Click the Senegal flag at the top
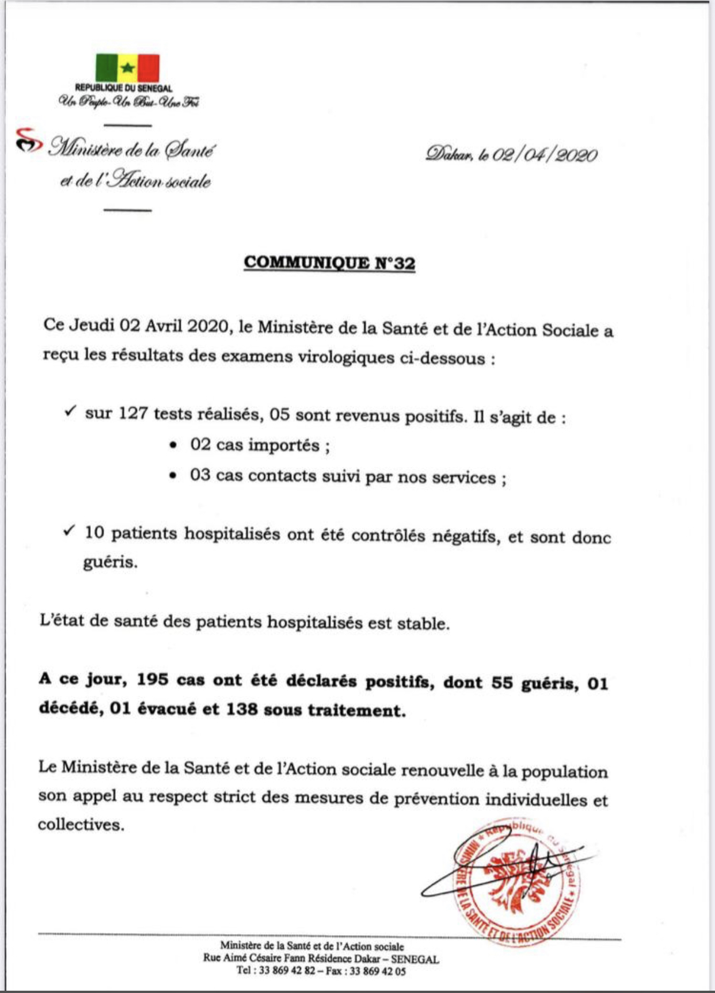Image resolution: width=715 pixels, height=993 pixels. pyautogui.click(x=127, y=68)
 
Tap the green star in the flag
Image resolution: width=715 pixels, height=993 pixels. pyautogui.click(x=128, y=68)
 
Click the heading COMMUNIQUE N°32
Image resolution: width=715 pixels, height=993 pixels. pyautogui.click(x=329, y=263)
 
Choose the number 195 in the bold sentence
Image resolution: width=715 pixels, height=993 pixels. pyautogui.click(x=153, y=680)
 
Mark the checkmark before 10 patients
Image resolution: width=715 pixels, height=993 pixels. pyautogui.click(x=70, y=531)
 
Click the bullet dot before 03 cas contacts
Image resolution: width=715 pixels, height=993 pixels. pyautogui.click(x=173, y=476)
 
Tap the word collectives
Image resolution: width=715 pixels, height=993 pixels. pyautogui.click(x=81, y=825)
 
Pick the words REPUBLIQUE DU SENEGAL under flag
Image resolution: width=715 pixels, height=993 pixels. pyautogui.click(x=123, y=88)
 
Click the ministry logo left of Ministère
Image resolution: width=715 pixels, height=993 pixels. pyautogui.click(x=29, y=141)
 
